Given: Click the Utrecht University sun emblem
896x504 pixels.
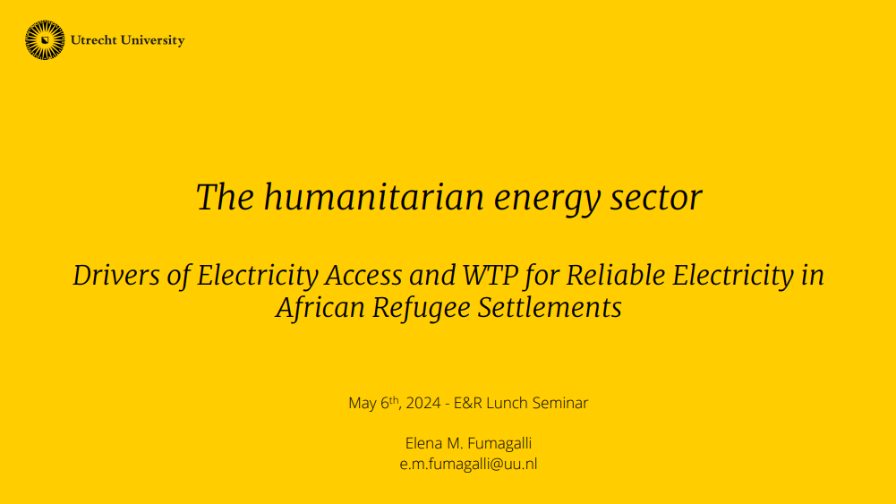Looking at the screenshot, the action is coord(45,40).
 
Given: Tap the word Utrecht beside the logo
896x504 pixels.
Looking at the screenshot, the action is coord(94,40).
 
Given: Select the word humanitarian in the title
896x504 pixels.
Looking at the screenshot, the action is coord(374,197).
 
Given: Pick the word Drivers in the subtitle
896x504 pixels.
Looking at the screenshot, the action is coord(116,276).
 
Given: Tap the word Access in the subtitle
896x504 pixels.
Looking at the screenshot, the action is coord(363,276).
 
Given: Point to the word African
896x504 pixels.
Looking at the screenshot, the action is coord(320,307).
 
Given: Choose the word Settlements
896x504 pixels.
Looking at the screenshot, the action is coord(550,307).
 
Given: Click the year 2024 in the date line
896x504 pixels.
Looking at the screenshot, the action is coord(423,403).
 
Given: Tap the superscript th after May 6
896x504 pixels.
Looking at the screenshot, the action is coord(394,399).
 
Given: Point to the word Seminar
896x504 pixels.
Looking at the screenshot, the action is coord(560,403).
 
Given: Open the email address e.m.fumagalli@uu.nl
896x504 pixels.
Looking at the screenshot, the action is coord(468,464).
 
